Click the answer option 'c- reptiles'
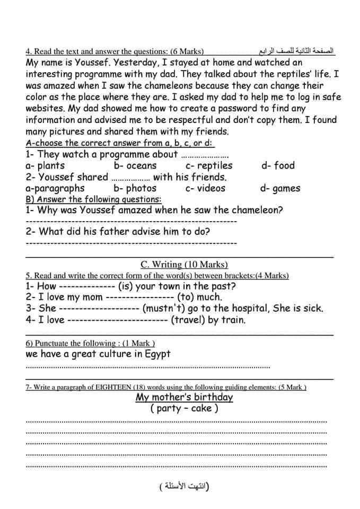pyautogui.click(x=209, y=165)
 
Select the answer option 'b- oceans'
pyautogui.click(x=135, y=165)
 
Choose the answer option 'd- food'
pyautogui.click(x=278, y=165)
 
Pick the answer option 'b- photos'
pyautogui.click(x=135, y=188)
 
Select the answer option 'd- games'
pyautogui.click(x=280, y=188)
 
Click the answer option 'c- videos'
pyautogui.click(x=205, y=188)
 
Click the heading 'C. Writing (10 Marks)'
pyautogui.click(x=184, y=265)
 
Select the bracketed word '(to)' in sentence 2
pyautogui.click(x=186, y=297)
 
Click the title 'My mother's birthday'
pyautogui.click(x=184, y=397)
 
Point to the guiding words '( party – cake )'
pyautogui.click(x=184, y=408)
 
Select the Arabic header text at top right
pyautogui.click(x=296, y=51)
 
